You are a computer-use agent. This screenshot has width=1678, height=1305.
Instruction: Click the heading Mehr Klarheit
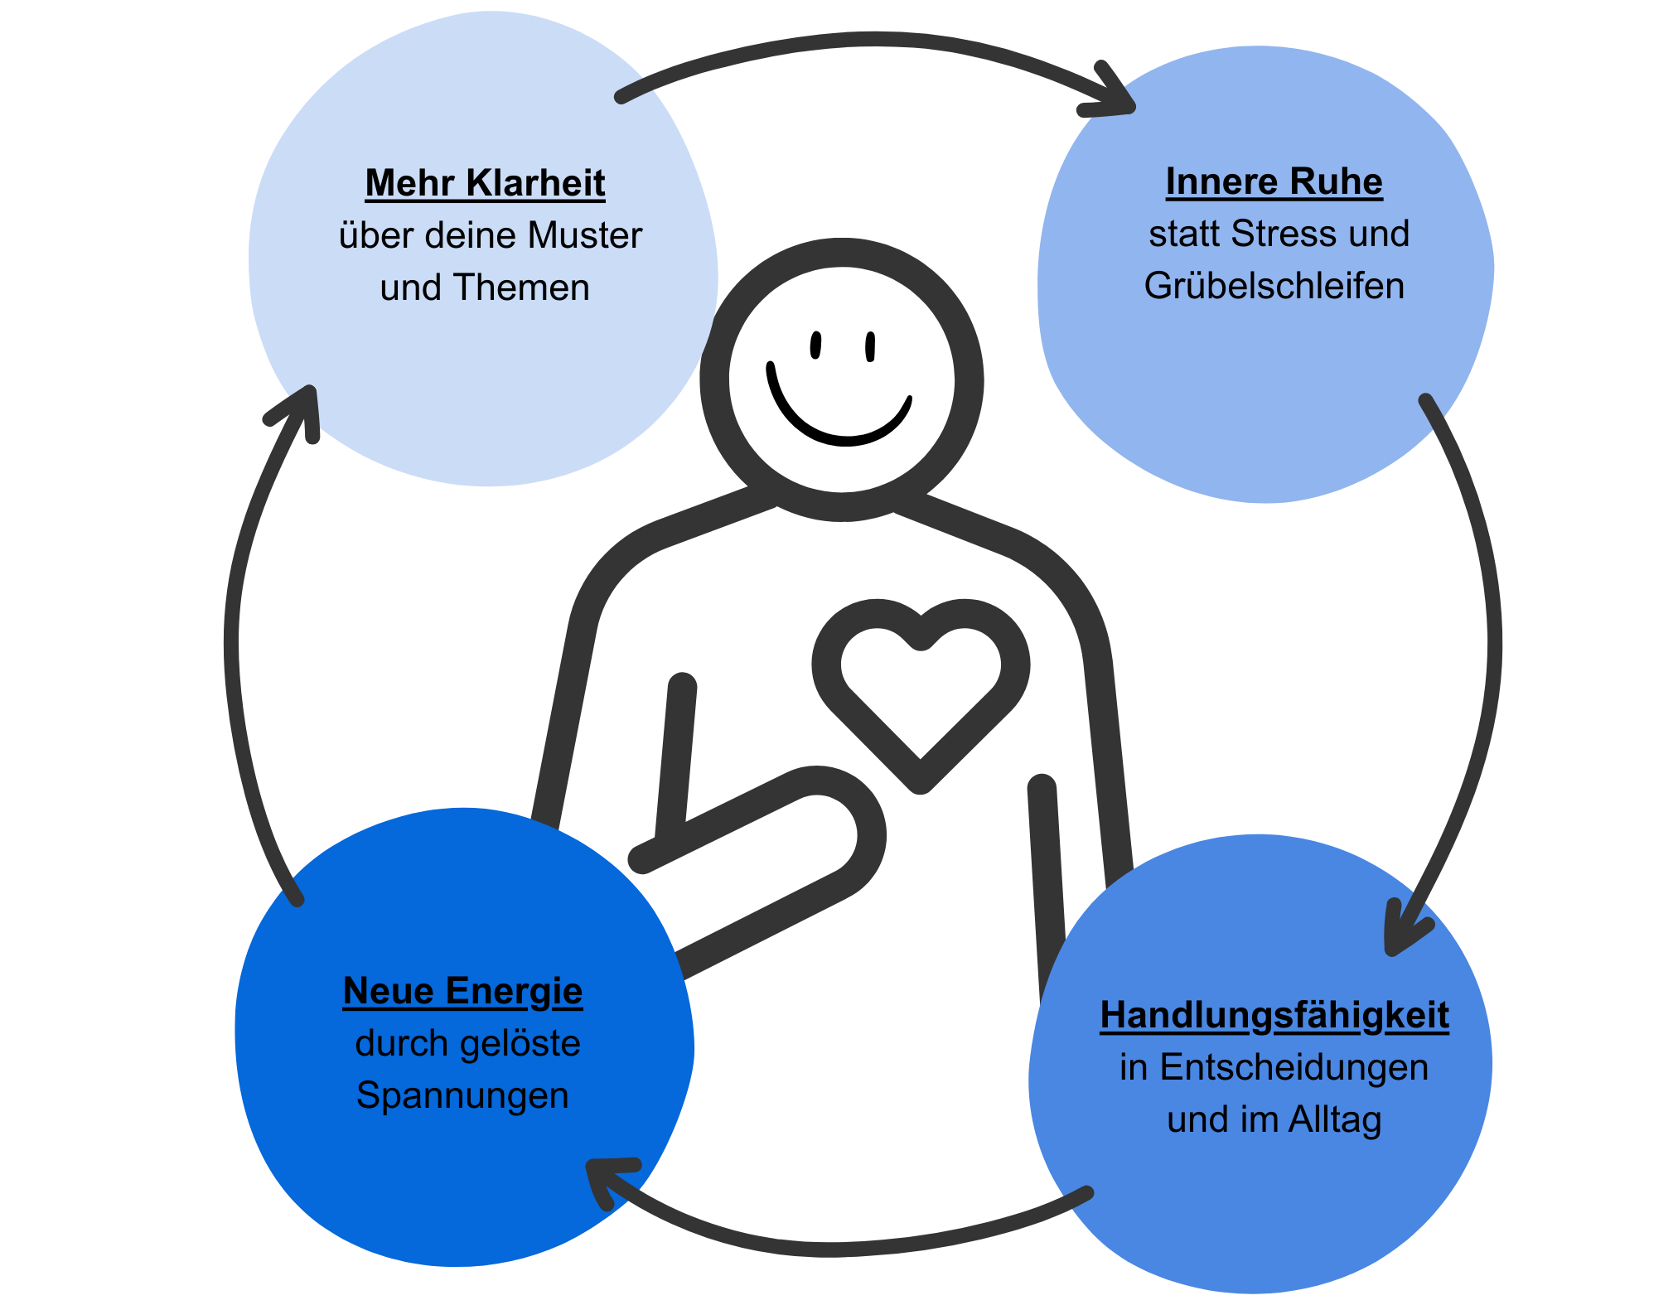[x=485, y=183]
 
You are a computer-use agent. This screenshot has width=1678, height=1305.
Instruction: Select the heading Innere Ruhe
[x=1274, y=181]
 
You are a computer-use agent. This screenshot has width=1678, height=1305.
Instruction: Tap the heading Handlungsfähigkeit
[x=1274, y=1015]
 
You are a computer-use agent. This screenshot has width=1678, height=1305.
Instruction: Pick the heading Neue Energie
[x=462, y=991]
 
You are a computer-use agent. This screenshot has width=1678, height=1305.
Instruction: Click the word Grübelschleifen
[x=1274, y=286]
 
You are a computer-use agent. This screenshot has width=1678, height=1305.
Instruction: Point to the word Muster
[x=584, y=235]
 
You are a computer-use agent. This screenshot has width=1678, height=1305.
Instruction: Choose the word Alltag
[x=1335, y=1119]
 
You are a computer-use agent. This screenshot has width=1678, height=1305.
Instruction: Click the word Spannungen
[x=462, y=1095]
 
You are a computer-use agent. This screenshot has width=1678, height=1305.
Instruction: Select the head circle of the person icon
[x=841, y=379]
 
